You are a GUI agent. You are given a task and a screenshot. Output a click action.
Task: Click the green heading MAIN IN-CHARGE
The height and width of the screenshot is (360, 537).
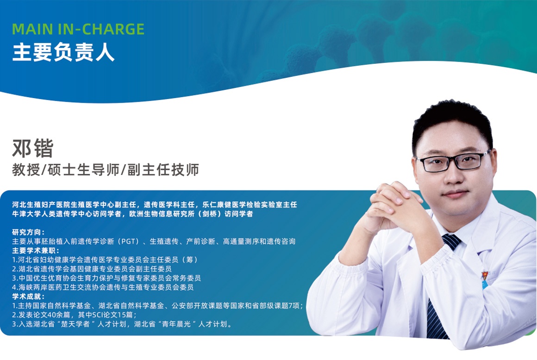[x=78, y=30]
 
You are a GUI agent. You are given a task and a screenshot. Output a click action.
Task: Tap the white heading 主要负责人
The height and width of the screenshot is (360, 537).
[x=63, y=52]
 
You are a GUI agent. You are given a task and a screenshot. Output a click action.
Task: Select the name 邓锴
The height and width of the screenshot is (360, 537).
[x=33, y=148]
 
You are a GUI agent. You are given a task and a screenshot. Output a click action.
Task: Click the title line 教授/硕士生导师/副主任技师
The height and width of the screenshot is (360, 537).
[x=106, y=170]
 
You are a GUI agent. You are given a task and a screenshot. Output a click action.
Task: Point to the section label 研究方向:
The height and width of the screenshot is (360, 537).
[x=28, y=232]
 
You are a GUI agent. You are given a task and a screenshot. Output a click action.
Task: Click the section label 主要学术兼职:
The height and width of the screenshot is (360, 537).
[x=36, y=250]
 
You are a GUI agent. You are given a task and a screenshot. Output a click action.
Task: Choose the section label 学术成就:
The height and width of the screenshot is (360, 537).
[x=28, y=296]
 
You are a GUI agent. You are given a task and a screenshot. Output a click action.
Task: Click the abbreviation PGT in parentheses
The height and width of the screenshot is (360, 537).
[x=128, y=242]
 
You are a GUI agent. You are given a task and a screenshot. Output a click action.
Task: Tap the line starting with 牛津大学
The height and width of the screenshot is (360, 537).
[x=132, y=214]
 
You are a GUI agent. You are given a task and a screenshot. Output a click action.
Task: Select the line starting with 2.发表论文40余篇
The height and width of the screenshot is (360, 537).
[x=75, y=315]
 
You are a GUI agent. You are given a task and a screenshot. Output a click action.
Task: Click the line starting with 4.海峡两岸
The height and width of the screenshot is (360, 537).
[x=103, y=287]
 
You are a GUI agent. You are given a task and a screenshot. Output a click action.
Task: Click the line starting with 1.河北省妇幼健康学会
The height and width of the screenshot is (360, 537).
[x=105, y=260]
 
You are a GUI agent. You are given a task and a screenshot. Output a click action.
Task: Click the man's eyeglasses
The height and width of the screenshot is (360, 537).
[x=454, y=161]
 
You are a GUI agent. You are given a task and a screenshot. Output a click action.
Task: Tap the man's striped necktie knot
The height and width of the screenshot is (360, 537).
[x=451, y=241]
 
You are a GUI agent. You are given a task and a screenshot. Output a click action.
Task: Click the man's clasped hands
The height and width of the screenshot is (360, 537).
[x=394, y=207]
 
